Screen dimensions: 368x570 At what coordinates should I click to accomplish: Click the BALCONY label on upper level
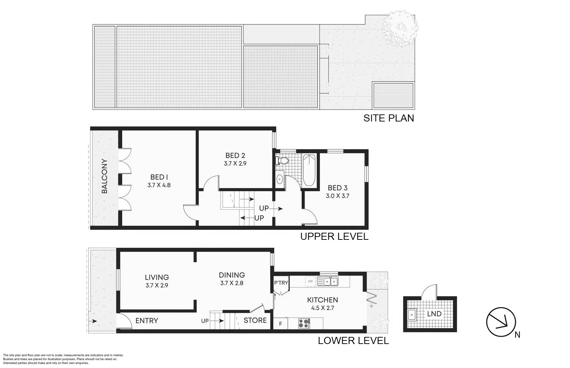(x=105, y=176)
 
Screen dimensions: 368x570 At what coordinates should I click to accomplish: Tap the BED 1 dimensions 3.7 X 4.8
(x=159, y=185)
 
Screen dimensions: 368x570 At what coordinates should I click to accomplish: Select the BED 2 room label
(x=235, y=155)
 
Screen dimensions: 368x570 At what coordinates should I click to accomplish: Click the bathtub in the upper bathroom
(x=309, y=170)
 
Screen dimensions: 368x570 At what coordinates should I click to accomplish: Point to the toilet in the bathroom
(x=282, y=161)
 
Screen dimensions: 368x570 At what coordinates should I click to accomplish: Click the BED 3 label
(x=337, y=188)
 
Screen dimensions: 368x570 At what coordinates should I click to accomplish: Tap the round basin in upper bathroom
(x=279, y=179)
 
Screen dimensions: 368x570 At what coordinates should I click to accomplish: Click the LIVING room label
(x=157, y=278)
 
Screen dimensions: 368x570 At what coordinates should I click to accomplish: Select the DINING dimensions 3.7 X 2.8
(x=232, y=283)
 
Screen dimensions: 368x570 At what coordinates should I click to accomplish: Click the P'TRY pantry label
(x=281, y=283)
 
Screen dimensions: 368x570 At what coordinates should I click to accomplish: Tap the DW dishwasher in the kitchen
(x=310, y=281)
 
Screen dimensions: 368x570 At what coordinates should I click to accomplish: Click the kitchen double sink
(x=327, y=281)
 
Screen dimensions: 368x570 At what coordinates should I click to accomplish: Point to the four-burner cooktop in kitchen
(x=304, y=323)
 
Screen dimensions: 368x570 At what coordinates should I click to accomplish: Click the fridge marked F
(x=280, y=324)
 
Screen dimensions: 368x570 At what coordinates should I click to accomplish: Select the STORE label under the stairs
(x=255, y=320)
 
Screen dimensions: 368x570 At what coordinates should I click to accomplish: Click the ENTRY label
(x=147, y=321)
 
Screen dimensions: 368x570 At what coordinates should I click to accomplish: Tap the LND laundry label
(x=434, y=314)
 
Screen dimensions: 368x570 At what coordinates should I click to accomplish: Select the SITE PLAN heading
(x=388, y=118)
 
